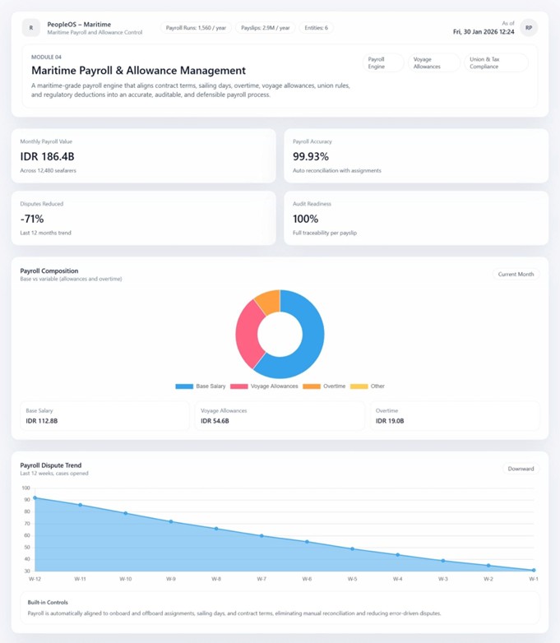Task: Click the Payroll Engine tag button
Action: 382,63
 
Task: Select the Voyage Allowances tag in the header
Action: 434,63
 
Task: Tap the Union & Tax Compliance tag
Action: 496,63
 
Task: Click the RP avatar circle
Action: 529,28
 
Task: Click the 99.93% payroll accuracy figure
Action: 311,155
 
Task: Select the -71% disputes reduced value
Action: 32,219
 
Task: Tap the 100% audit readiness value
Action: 307,219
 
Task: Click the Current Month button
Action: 516,275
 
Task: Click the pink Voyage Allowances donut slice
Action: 248,334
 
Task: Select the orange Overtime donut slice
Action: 267,300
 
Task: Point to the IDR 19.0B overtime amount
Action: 390,421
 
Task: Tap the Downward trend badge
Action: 521,469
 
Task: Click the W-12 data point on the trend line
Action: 35,497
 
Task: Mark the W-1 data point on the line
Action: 533,570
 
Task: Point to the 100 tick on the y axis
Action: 25,488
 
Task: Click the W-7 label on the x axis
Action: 261,579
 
